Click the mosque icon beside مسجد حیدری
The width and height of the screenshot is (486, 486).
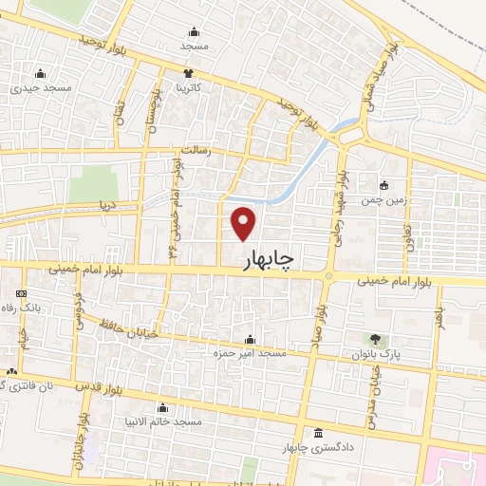click(x=40, y=73)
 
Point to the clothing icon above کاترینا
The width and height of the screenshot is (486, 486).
click(x=189, y=72)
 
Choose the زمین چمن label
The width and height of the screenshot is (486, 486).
click(x=383, y=200)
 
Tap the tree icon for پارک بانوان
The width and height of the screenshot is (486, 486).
click(x=375, y=339)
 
